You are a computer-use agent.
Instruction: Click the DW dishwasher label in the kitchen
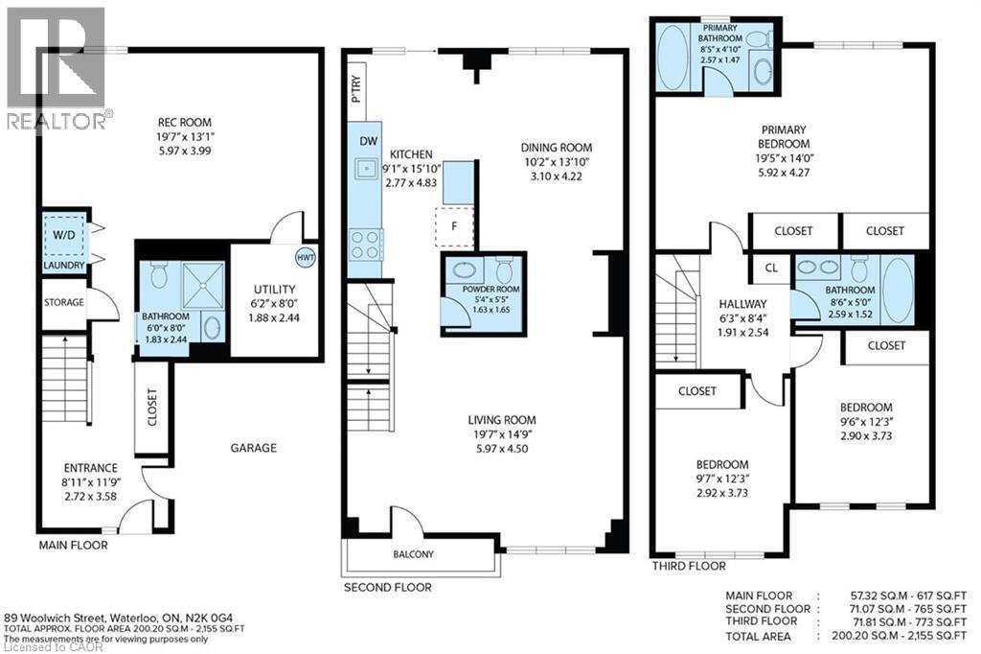tap(367, 141)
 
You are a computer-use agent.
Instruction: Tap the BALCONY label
tap(413, 554)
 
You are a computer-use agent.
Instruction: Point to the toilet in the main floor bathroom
tap(159, 277)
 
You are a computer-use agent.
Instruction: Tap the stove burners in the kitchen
tap(365, 245)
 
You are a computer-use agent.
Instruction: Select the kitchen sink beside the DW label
tap(365, 171)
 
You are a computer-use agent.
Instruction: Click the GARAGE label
tap(253, 448)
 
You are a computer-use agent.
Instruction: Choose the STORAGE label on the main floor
tap(63, 303)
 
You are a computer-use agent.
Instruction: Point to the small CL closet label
tap(770, 269)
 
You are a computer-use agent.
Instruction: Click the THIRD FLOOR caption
tap(688, 567)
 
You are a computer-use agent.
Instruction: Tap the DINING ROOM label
tap(557, 148)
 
